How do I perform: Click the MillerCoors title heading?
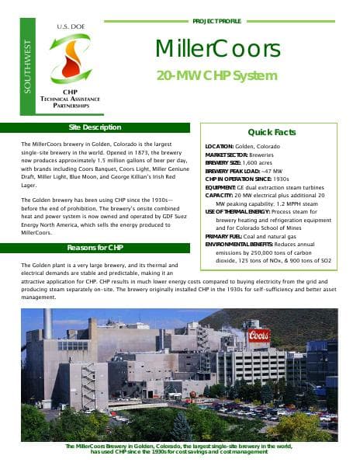(x=217, y=50)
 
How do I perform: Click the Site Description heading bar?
(x=95, y=127)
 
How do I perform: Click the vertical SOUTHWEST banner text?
(x=29, y=66)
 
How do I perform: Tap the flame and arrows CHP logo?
(x=71, y=60)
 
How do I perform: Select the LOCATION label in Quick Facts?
(x=220, y=146)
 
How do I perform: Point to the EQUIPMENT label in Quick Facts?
(x=221, y=187)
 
